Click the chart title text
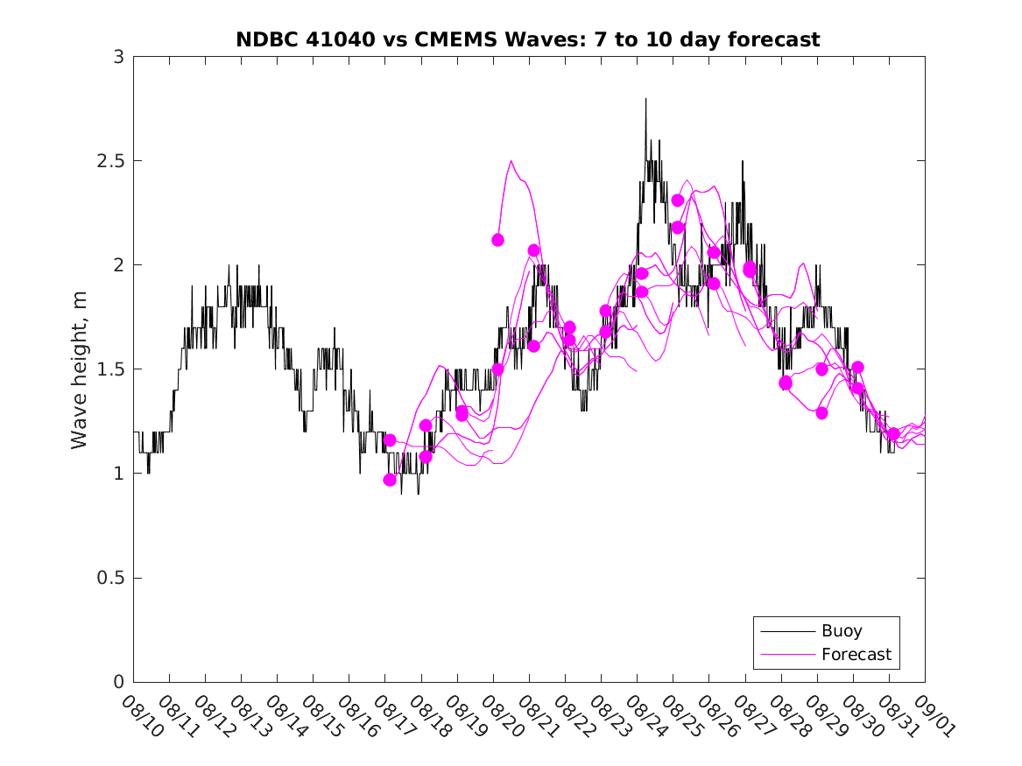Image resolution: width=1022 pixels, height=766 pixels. point(528,39)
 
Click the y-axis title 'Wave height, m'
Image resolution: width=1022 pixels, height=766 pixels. point(80,369)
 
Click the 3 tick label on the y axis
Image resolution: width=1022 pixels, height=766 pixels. point(118,57)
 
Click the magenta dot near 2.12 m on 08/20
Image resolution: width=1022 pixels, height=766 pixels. point(497,240)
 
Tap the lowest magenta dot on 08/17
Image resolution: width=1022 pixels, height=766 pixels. point(390,480)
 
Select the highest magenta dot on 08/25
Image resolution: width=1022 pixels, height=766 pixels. point(677,200)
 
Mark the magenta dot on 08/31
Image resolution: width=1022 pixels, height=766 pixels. point(893,433)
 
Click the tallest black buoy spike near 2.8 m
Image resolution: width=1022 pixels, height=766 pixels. point(645,99)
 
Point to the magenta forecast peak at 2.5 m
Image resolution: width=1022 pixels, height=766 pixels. point(511,161)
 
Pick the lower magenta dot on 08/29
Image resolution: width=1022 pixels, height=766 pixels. point(821,413)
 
